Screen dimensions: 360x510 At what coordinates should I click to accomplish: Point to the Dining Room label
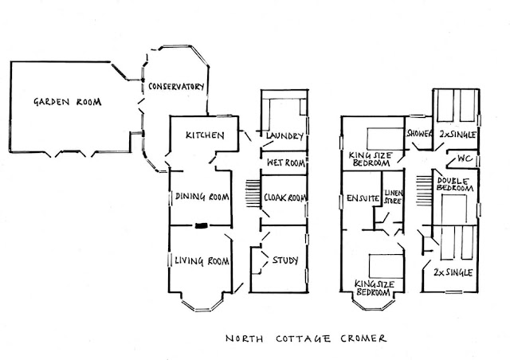point(202,197)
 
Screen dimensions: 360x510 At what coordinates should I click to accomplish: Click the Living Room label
point(202,260)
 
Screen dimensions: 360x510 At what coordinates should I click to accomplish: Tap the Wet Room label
point(283,162)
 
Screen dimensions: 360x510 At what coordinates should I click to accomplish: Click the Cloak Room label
point(283,197)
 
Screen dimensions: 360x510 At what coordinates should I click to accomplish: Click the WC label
point(463,158)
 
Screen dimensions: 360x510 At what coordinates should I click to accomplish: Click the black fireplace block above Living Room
point(202,225)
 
